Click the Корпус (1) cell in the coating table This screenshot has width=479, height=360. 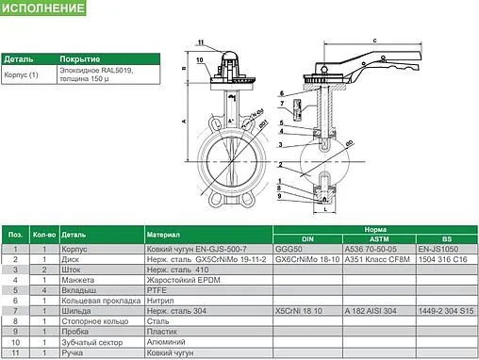click(20, 73)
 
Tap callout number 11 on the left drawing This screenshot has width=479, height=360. click(200, 43)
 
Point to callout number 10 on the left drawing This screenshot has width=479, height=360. click(200, 59)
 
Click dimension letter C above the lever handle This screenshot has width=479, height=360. click(374, 41)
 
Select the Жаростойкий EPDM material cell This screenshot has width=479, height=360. click(181, 283)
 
